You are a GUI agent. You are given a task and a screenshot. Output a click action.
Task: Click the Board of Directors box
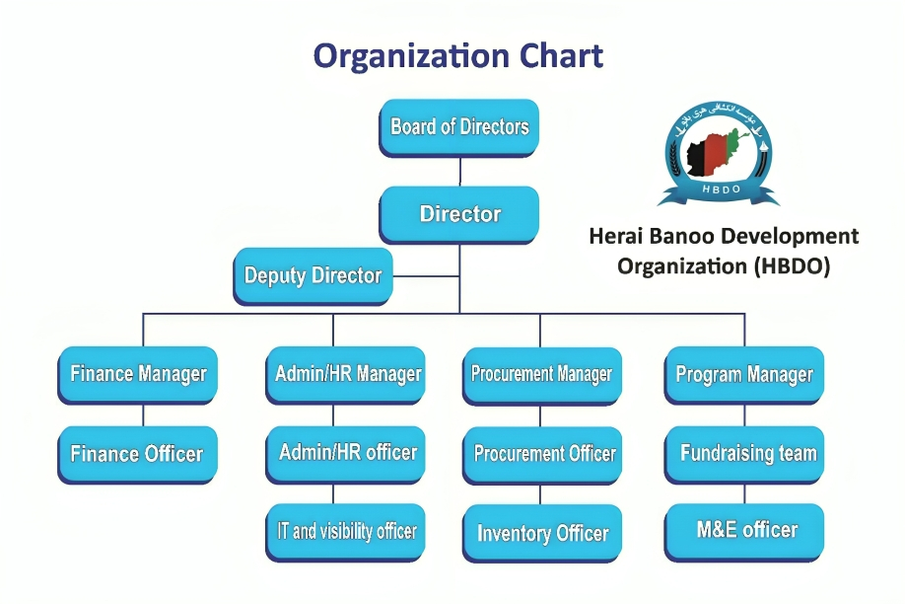459,127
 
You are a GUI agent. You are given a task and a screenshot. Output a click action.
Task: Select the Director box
459,214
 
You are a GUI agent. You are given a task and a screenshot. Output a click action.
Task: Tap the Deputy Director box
313,275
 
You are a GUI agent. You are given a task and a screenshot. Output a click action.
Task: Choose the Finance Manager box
138,375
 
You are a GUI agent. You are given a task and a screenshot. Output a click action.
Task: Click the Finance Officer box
137,454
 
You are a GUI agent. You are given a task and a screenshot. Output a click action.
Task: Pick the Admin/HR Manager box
347,375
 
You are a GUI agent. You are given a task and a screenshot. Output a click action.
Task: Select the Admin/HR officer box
347,453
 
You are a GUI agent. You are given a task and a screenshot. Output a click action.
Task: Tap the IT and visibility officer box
347,531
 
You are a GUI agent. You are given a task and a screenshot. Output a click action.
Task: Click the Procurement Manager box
541,375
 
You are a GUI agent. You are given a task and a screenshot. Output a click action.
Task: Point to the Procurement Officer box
543,454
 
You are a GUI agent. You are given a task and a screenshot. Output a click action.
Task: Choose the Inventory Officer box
542,534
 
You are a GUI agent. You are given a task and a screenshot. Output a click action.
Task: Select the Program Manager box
744,375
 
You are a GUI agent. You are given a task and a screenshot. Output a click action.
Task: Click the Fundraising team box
747,454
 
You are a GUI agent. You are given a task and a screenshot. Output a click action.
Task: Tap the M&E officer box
746,530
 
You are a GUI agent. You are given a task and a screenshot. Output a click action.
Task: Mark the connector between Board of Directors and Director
460,171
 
